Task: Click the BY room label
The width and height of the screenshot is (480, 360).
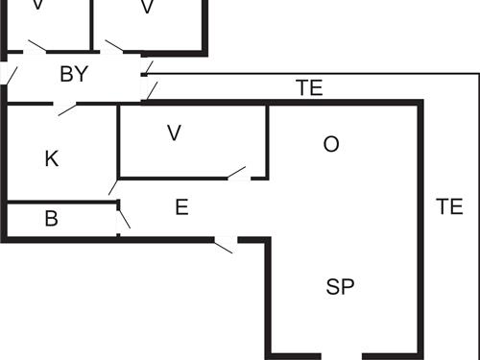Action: tap(74, 75)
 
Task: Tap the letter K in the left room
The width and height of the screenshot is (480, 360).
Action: tap(52, 158)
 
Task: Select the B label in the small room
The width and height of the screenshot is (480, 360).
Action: tap(52, 219)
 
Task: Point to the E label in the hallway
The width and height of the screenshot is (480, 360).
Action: tap(181, 205)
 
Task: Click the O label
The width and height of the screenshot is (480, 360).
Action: tap(331, 144)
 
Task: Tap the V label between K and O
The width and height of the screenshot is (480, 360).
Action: tap(174, 133)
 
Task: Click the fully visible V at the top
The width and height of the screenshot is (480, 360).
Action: tap(147, 8)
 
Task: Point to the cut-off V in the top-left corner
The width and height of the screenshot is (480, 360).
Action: tap(38, 5)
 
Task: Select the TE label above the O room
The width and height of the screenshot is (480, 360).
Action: tap(309, 88)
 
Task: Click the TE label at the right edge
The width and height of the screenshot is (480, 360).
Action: tap(449, 205)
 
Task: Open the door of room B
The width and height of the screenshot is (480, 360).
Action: tap(122, 218)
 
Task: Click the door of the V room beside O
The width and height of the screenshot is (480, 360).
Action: tap(237, 174)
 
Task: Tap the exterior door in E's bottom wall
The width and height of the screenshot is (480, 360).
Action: tap(224, 246)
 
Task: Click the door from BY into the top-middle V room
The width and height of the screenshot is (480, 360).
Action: tap(114, 46)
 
